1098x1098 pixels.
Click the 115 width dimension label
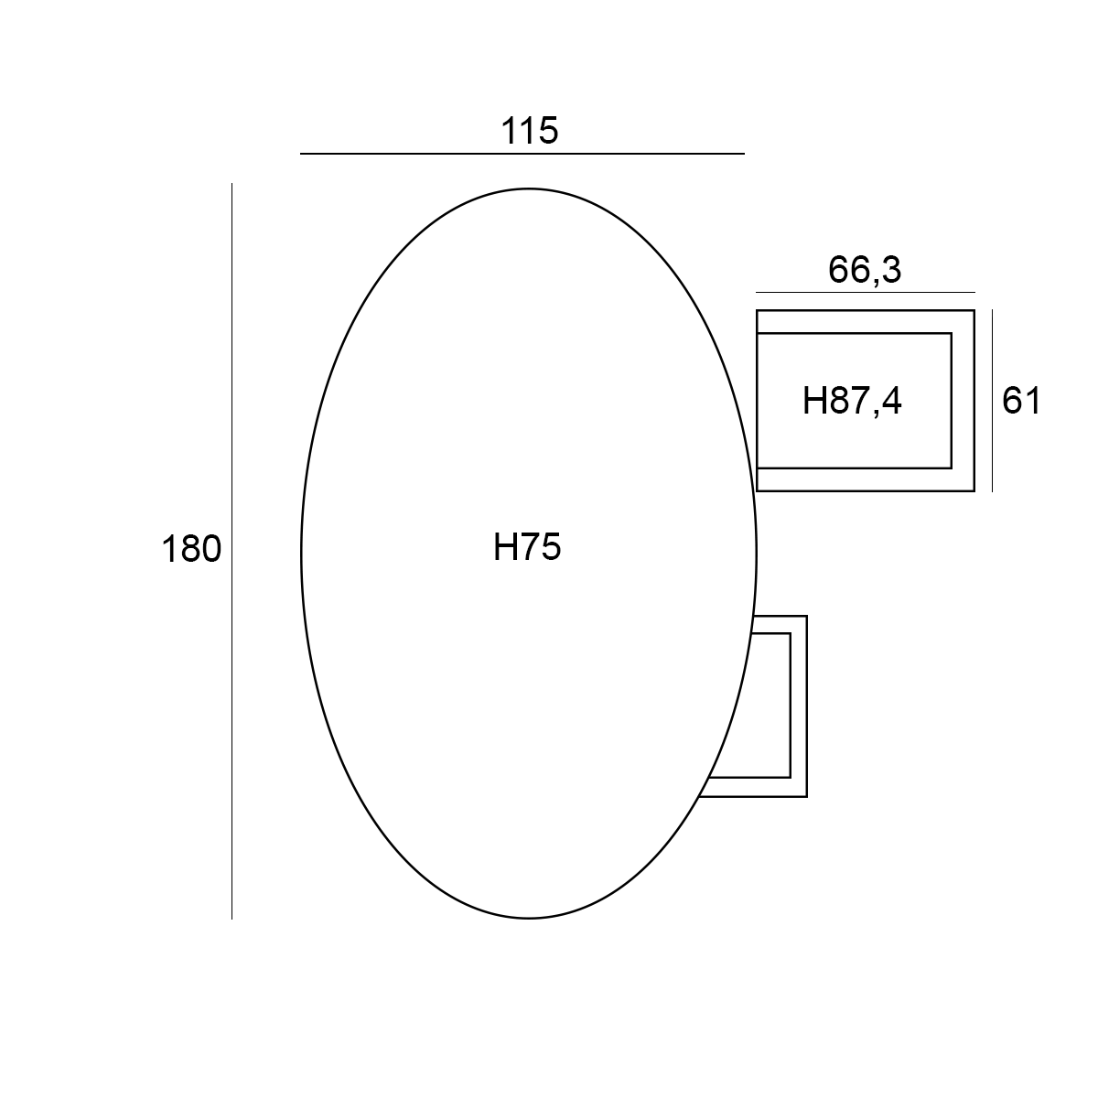click(530, 131)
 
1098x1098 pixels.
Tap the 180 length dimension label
click(191, 549)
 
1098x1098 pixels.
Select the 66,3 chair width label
click(865, 270)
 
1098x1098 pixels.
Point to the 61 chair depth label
click(1022, 401)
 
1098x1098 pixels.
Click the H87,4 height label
click(852, 401)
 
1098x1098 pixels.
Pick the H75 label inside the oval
click(527, 547)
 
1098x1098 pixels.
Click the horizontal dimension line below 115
click(522, 154)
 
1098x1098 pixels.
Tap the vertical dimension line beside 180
click(231, 551)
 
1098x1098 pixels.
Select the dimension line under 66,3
click(866, 292)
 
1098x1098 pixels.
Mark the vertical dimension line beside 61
click(992, 401)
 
